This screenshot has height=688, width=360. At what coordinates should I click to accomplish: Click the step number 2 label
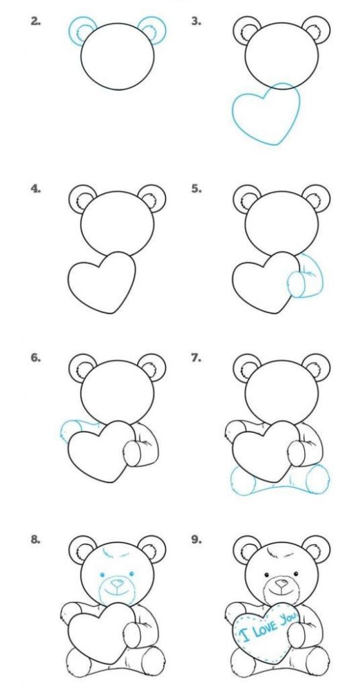point(36,21)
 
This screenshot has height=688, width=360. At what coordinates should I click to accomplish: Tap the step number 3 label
point(196,21)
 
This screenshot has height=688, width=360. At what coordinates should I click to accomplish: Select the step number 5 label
point(196,189)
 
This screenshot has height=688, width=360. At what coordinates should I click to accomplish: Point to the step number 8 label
point(36,540)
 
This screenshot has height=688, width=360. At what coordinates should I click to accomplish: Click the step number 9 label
point(196,540)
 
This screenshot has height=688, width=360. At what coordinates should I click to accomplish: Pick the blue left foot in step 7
point(243,480)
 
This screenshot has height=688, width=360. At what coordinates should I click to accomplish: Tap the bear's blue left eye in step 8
point(102,574)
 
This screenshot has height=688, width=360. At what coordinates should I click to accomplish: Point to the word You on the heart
point(288,618)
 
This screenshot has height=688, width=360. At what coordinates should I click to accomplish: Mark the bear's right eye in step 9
point(296,574)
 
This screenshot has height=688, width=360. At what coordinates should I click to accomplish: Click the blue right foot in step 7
point(317,479)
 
